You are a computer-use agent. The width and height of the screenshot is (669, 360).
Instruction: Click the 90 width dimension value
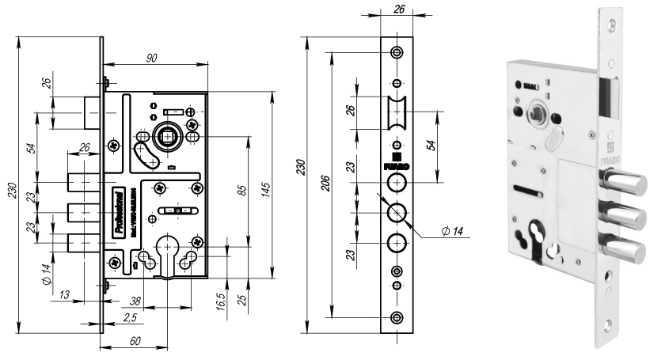tap(152, 57)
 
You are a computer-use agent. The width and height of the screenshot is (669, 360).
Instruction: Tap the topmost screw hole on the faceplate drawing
tap(397, 52)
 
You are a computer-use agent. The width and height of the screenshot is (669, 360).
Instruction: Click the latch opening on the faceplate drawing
tap(397, 114)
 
